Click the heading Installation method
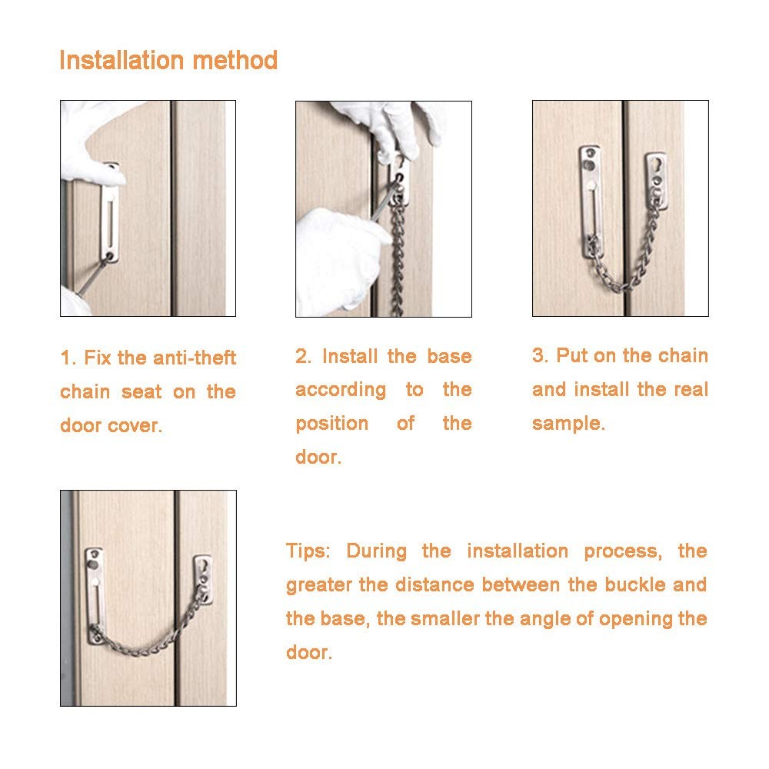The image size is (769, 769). (168, 61)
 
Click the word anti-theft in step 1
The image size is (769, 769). (195, 358)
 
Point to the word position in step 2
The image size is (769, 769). (332, 424)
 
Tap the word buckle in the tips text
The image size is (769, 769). (629, 585)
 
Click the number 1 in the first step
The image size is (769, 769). (67, 358)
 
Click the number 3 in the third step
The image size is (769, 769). (538, 356)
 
